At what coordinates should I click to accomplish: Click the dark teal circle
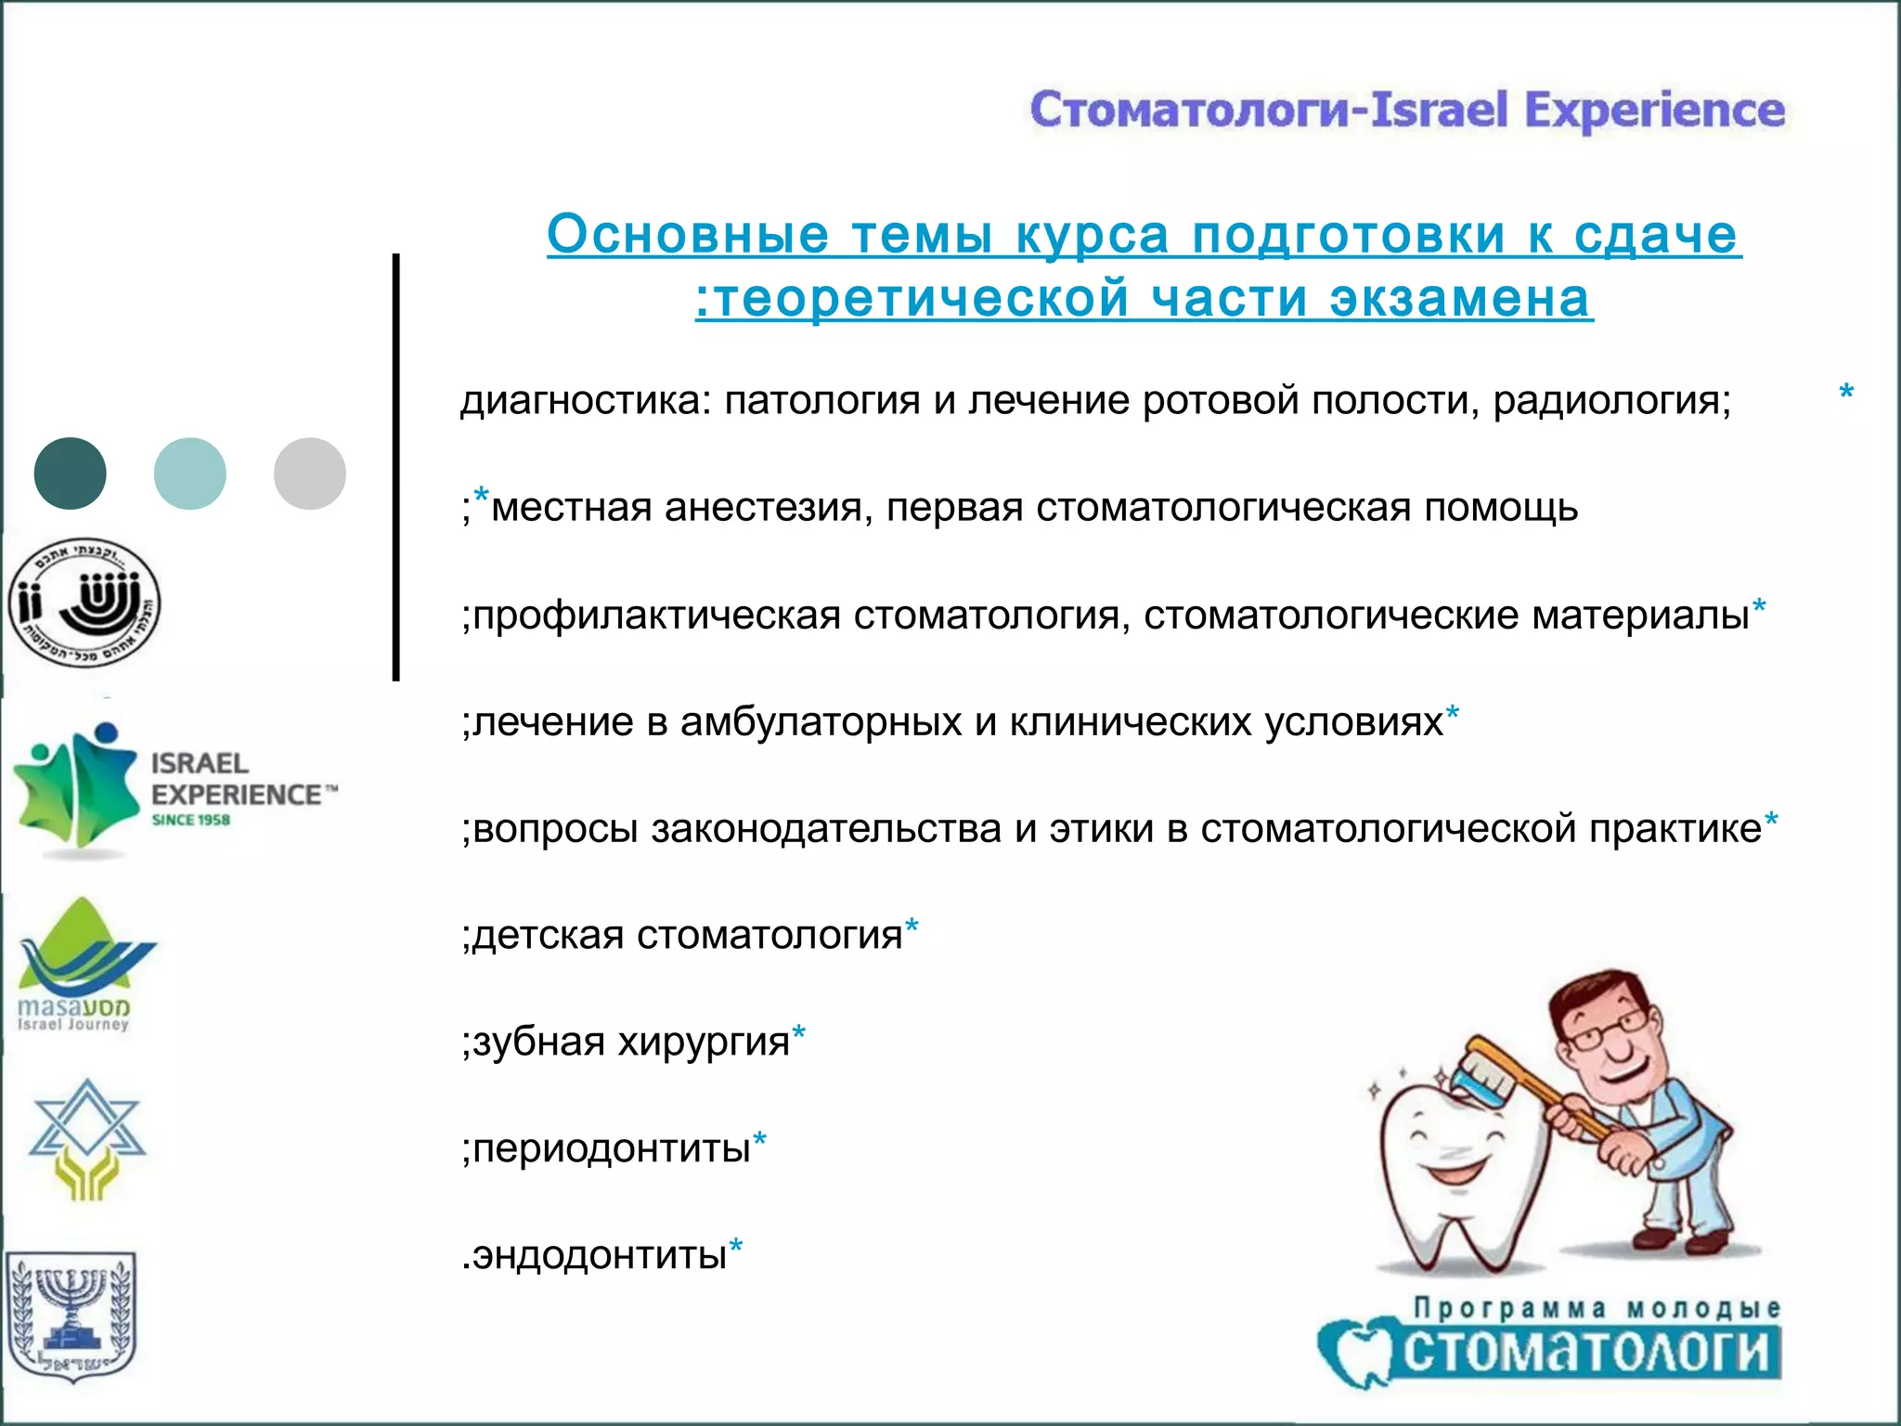(x=71, y=473)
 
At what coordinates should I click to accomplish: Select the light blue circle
(x=190, y=473)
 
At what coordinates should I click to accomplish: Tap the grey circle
(x=310, y=473)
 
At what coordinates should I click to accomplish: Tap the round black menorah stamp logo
(x=84, y=603)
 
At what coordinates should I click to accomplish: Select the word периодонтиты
(x=612, y=1149)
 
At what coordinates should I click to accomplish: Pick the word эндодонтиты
(x=600, y=1256)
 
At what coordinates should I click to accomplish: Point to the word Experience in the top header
(x=1654, y=110)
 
